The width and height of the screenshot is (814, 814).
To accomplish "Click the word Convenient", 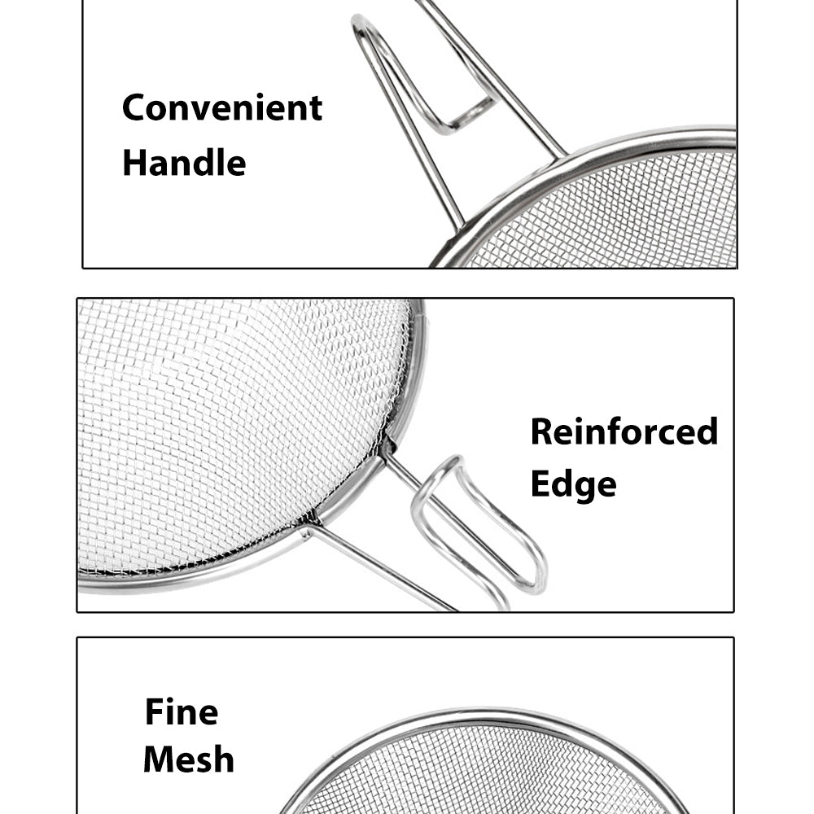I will tap(222, 107).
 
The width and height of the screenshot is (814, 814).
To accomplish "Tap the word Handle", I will tap(184, 162).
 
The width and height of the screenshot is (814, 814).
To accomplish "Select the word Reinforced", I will tap(624, 431).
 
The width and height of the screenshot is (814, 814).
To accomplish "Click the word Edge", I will tap(573, 484).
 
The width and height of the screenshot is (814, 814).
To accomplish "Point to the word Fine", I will tap(182, 712).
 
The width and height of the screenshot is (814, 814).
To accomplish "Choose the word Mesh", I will tap(189, 760).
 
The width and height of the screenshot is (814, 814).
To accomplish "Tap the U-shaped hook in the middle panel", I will tap(480, 529).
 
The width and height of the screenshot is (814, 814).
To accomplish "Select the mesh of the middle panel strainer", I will tap(236, 431).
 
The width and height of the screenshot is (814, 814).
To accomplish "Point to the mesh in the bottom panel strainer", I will tap(488, 773).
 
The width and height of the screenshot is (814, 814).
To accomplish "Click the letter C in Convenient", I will tap(135, 107).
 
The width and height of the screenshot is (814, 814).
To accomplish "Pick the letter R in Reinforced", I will tap(543, 431).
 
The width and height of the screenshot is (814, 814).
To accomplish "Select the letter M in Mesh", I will tap(158, 760).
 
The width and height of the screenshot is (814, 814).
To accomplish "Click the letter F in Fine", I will tap(153, 712).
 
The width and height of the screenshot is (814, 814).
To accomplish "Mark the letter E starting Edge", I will tap(541, 484).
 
